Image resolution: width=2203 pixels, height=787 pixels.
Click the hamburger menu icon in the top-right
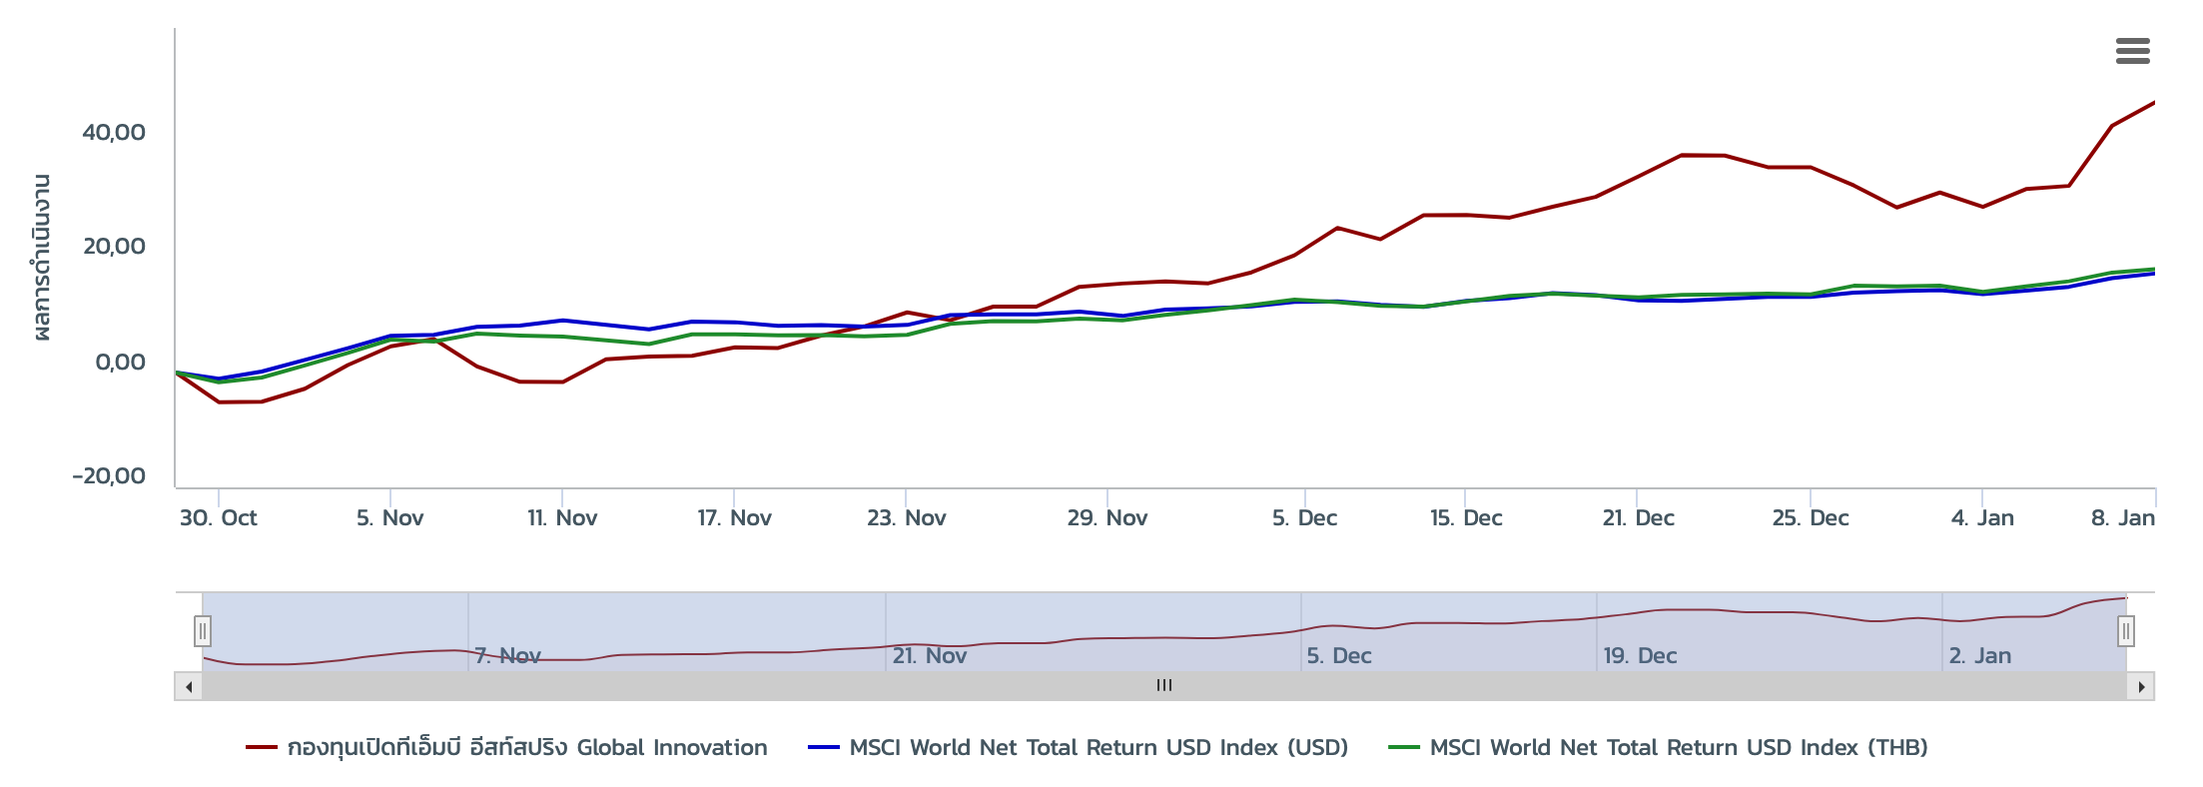pyautogui.click(x=2132, y=51)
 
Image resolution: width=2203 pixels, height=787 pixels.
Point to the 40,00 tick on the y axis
pyautogui.click(x=113, y=132)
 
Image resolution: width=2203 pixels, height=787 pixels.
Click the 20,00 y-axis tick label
pyautogui.click(x=113, y=247)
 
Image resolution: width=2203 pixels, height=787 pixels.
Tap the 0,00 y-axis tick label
pyautogui.click(x=119, y=362)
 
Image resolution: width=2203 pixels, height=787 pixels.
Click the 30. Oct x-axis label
pyautogui.click(x=218, y=518)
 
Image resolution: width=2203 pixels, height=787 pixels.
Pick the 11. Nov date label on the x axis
pyautogui.click(x=562, y=518)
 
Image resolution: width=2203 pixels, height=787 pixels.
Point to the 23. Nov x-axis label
pyautogui.click(x=906, y=518)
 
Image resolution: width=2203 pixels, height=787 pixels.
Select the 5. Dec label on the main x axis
pyautogui.click(x=1304, y=518)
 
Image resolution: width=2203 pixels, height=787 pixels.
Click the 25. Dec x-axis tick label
pyautogui.click(x=1810, y=518)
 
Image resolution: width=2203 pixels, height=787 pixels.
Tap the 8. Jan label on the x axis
pyautogui.click(x=2122, y=518)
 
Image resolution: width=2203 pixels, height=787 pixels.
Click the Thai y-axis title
pyautogui.click(x=41, y=258)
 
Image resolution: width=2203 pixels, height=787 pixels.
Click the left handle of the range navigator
pyautogui.click(x=203, y=631)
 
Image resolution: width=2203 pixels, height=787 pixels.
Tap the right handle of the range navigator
pyautogui.click(x=2126, y=631)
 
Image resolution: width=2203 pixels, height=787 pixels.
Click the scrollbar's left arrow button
pyautogui.click(x=189, y=687)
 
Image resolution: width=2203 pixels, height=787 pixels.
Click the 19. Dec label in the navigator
pyautogui.click(x=1640, y=656)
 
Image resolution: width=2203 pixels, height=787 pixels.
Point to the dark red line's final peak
pyautogui.click(x=2153, y=103)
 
